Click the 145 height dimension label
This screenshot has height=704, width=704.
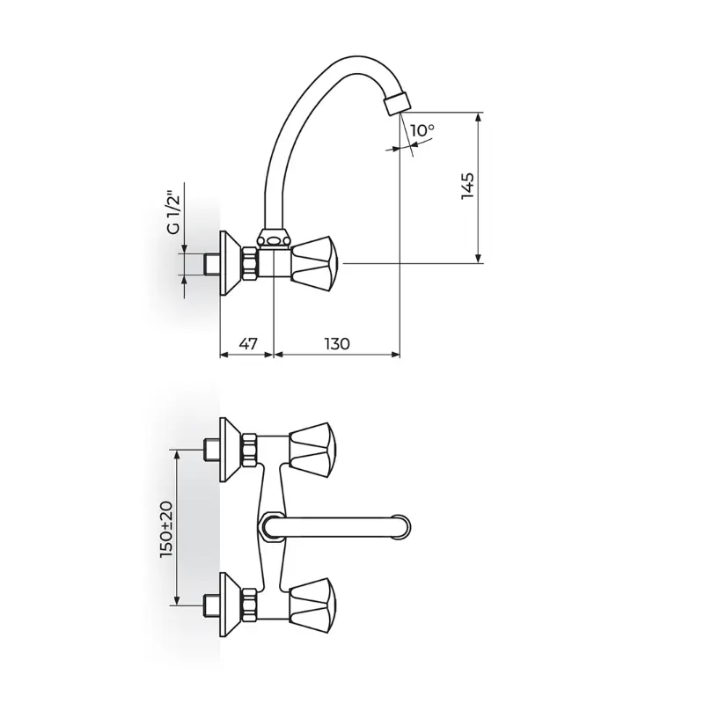point(467,186)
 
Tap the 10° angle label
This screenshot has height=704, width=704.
point(422,130)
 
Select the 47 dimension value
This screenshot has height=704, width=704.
point(248,344)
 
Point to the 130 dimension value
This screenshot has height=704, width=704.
point(337,344)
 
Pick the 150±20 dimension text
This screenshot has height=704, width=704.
point(166,530)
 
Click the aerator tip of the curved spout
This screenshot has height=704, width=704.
point(398,102)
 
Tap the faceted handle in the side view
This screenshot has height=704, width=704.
point(316,263)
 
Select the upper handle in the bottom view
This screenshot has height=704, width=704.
point(313,450)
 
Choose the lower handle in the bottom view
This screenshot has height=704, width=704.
point(313,605)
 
